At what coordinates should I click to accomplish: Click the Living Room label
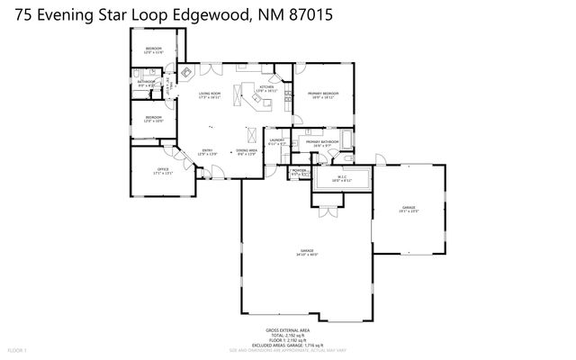pos(210,95)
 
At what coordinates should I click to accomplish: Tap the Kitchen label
pos(266,88)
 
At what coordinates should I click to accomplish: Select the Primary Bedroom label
pos(322,94)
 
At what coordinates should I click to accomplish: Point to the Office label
pos(162,170)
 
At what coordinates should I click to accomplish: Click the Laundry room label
pos(277,141)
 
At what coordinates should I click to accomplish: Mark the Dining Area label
pos(247,152)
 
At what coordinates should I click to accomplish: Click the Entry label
pos(207,152)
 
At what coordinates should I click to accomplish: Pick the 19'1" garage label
pos(409,210)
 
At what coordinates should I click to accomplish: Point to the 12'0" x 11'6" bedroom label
pos(154,49)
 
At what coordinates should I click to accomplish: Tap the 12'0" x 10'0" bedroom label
pos(154,119)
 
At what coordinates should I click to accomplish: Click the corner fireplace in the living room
pos(187,73)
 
